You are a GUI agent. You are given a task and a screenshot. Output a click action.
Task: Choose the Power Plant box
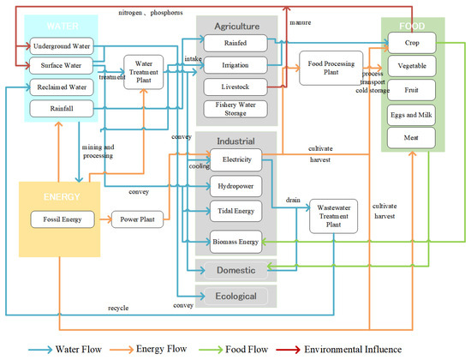tap(135, 219)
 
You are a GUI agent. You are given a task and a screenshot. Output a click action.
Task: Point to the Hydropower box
tap(236, 183)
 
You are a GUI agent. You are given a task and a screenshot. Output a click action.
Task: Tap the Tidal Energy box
tap(236, 208)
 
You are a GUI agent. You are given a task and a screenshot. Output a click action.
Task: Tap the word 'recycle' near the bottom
tap(118, 306)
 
